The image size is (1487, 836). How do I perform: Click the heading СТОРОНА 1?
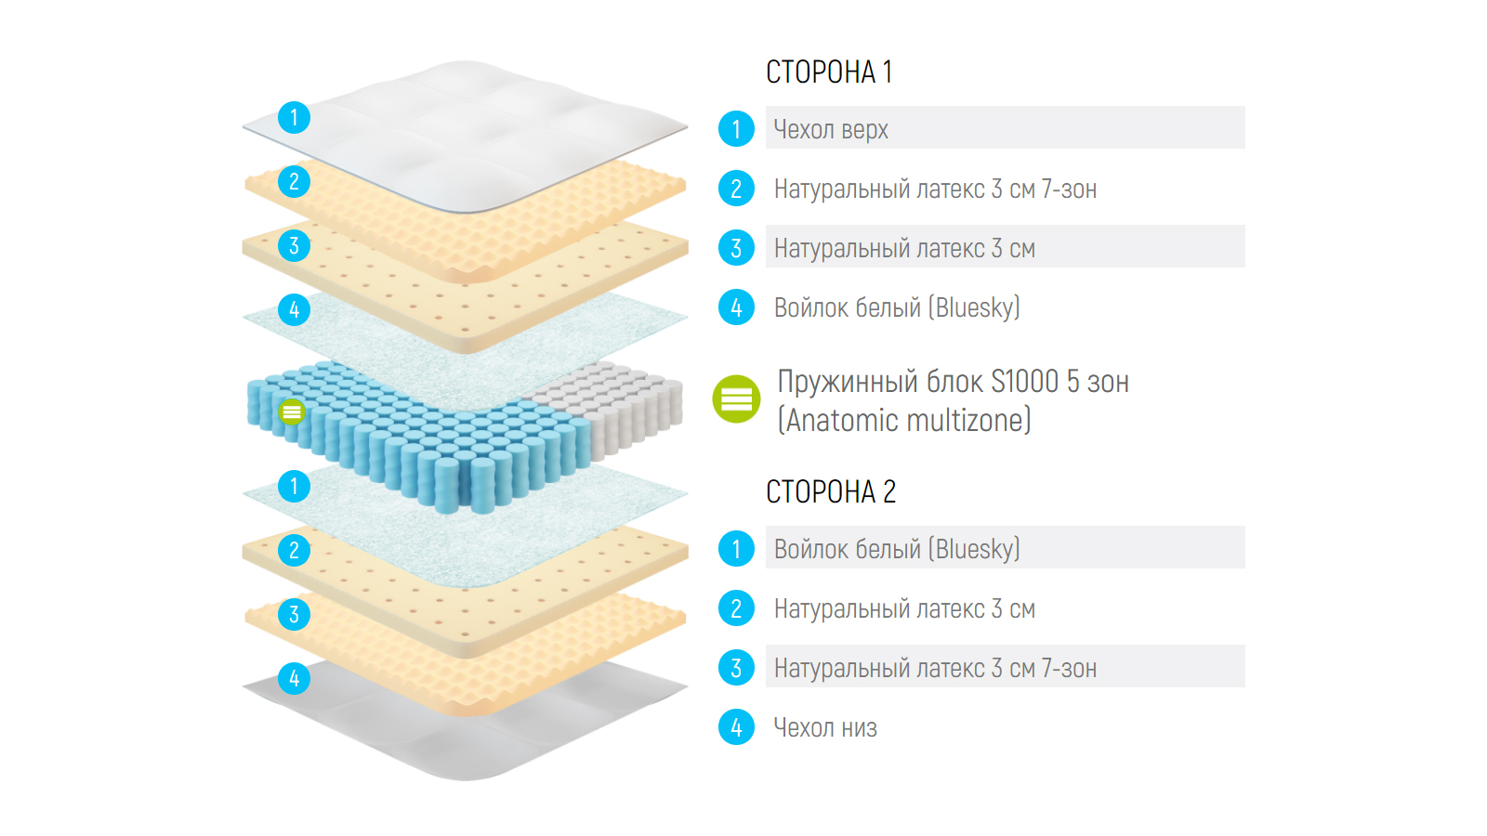[x=829, y=72]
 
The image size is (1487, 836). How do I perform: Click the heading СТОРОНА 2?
[x=830, y=492]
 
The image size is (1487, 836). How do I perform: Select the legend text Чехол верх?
[x=831, y=130]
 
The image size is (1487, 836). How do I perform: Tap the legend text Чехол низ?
[x=825, y=728]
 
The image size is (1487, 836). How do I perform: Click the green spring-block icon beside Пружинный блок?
[x=736, y=399]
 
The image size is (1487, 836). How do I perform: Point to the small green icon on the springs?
[x=292, y=411]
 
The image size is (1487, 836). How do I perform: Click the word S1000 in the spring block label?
[x=1024, y=382]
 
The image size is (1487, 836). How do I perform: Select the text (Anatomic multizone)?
[x=904, y=421]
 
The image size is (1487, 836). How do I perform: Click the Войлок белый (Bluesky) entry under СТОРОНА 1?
[x=897, y=308]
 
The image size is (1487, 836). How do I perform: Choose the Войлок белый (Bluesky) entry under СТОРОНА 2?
[x=897, y=550]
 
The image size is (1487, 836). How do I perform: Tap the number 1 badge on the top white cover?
[x=294, y=118]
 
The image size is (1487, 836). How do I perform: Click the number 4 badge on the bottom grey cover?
[x=294, y=678]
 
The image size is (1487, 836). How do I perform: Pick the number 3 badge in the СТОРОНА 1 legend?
[x=736, y=248]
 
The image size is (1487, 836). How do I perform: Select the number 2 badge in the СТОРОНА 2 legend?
[x=736, y=608]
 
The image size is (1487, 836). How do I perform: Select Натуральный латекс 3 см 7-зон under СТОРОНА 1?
[x=935, y=189]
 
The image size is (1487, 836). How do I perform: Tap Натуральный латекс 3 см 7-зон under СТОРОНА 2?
[x=935, y=669]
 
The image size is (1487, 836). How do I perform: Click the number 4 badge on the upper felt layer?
[x=294, y=309]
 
